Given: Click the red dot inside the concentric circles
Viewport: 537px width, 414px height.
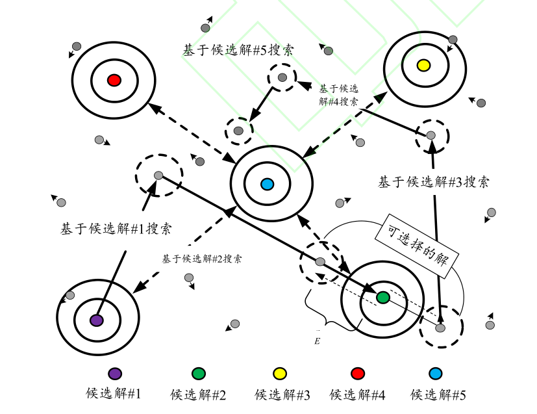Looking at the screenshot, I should pyautogui.click(x=114, y=80).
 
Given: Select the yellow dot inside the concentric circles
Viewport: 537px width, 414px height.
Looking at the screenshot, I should pyautogui.click(x=423, y=65).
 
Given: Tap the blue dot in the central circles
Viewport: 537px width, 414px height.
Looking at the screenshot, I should pyautogui.click(x=266, y=185).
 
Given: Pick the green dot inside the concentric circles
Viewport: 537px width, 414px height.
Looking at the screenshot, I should pyautogui.click(x=383, y=297).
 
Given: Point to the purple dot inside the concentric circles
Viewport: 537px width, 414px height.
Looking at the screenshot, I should pyautogui.click(x=97, y=320).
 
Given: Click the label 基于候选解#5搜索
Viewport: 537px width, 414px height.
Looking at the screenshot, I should pyautogui.click(x=238, y=50).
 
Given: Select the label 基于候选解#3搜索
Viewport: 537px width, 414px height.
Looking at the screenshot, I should pyautogui.click(x=434, y=182).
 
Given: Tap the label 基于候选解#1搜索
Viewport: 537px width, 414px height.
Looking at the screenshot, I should pyautogui.click(x=116, y=229).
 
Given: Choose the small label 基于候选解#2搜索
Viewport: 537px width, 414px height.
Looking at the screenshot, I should pyautogui.click(x=202, y=259).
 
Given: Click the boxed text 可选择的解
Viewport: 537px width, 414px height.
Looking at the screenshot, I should pyautogui.click(x=418, y=243).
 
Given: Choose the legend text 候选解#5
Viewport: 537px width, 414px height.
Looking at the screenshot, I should pyautogui.click(x=438, y=394).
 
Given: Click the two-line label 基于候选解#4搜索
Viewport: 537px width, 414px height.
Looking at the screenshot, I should pyautogui.click(x=338, y=95).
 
